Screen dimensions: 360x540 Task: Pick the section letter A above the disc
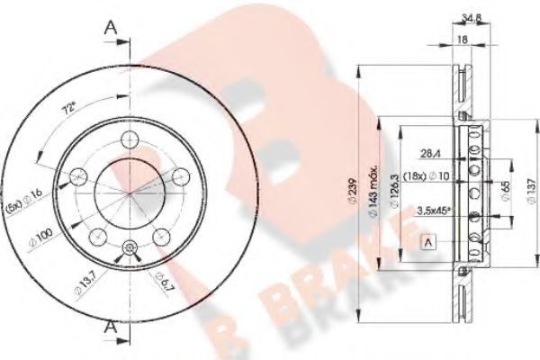coord(112,28)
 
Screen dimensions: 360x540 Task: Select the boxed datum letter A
coord(427,240)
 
